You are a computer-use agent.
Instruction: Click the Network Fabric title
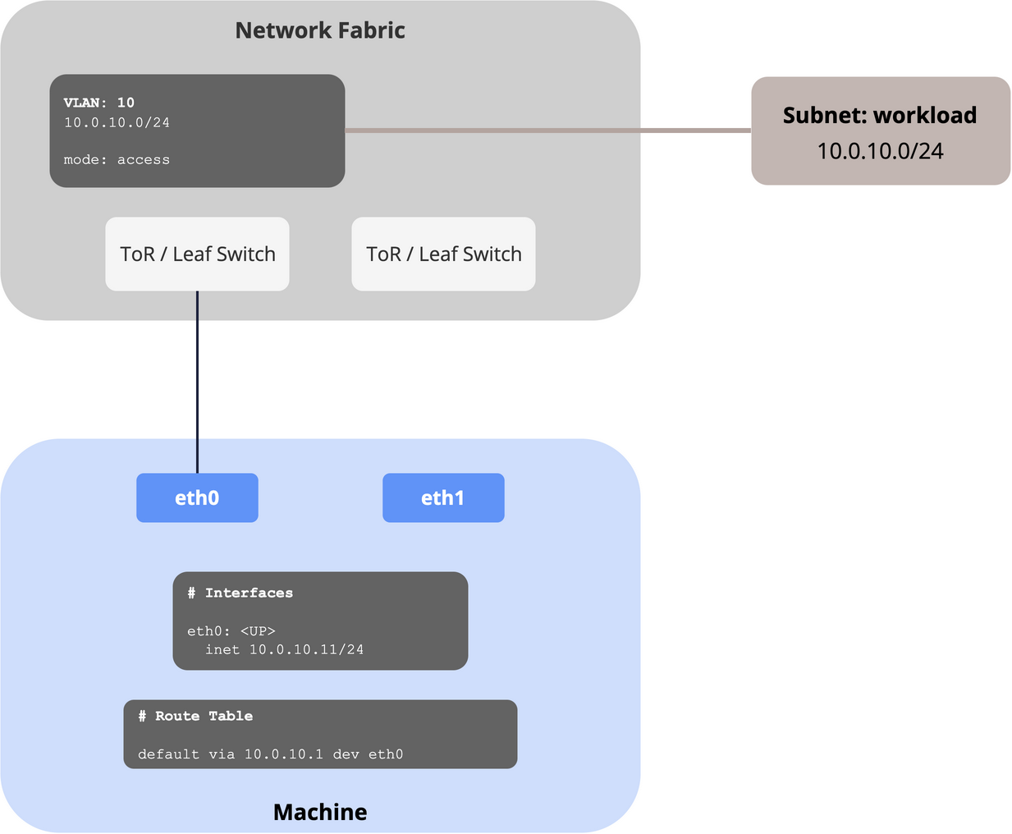pos(320,30)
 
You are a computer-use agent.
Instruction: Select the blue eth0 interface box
pos(197,497)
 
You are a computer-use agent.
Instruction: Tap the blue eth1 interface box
pos(443,497)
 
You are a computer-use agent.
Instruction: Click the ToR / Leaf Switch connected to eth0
pos(197,254)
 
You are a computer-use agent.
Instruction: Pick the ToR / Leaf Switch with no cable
pos(443,254)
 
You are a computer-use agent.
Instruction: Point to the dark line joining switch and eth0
pos(197,382)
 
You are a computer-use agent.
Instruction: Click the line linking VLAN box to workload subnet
pos(547,131)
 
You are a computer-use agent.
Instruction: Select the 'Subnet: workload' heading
pos(880,116)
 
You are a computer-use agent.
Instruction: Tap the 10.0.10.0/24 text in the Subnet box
pos(880,151)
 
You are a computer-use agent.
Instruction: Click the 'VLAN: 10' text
pos(98,103)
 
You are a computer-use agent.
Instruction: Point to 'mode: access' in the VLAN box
pos(117,159)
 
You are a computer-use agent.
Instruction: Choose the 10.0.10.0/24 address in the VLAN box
pos(117,122)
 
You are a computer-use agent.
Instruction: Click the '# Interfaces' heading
pos(240,593)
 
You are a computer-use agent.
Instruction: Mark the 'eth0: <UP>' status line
pos(231,630)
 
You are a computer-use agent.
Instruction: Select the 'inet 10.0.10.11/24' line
pos(285,649)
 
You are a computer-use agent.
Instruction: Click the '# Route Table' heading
pos(195,716)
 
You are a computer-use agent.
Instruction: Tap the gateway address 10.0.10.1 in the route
pos(283,754)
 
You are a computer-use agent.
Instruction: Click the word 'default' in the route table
pos(169,754)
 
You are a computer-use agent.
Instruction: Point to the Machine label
pos(320,812)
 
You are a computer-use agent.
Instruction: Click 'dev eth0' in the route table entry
pos(368,754)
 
